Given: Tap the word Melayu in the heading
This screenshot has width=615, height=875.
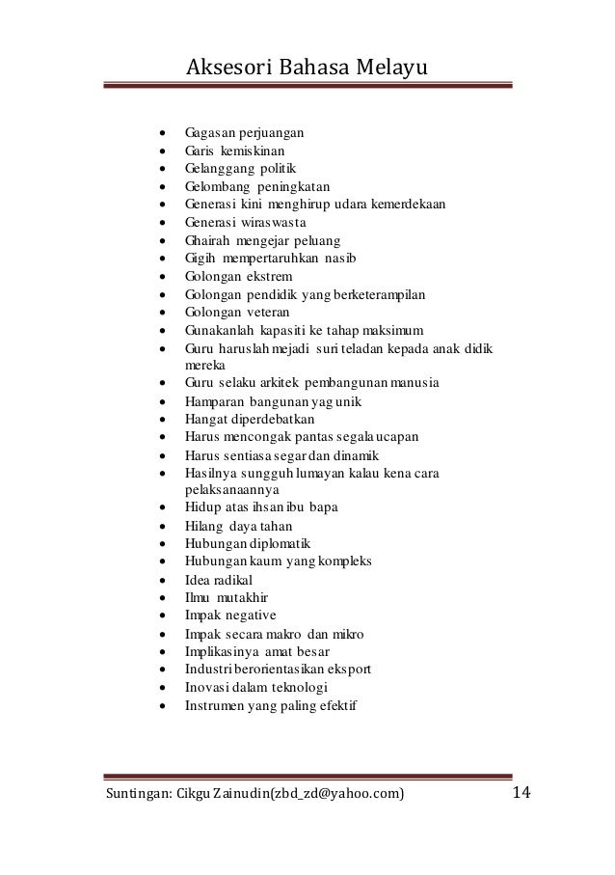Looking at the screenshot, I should click(390, 67).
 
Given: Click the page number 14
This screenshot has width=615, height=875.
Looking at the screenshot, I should click(521, 793).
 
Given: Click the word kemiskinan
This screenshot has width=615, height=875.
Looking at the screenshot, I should click(253, 150).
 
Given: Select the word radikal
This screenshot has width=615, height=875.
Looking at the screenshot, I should click(236, 580).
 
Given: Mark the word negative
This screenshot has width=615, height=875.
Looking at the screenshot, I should click(251, 615).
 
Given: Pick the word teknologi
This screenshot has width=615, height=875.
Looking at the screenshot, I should click(295, 688).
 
